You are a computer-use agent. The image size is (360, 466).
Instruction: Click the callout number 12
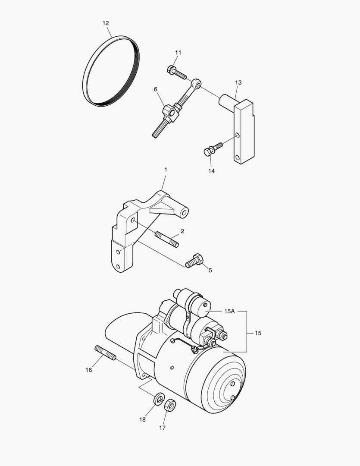click(106, 23)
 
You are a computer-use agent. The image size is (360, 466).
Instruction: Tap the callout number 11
click(178, 53)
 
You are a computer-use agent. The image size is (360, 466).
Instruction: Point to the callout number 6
click(156, 89)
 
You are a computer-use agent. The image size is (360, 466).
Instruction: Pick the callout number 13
click(238, 82)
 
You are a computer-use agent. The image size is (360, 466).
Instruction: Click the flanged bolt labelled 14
click(212, 149)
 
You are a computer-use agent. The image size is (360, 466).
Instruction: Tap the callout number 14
click(211, 171)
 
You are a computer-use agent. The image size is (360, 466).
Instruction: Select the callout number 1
click(166, 170)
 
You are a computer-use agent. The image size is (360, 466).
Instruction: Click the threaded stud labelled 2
click(166, 239)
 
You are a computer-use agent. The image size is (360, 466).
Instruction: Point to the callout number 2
click(182, 231)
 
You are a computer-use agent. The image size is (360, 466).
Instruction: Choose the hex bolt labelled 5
click(194, 261)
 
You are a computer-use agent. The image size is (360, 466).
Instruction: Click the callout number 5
click(210, 271)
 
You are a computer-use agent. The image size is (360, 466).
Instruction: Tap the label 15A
click(229, 311)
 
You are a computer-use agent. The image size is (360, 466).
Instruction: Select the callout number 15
click(258, 333)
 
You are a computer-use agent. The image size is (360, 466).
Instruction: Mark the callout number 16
click(88, 370)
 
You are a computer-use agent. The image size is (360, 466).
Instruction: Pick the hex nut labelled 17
click(170, 405)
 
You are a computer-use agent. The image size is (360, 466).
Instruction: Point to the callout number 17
click(162, 428)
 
